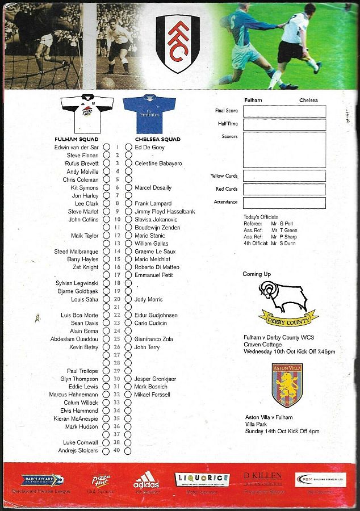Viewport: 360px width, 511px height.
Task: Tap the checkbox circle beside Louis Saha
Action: click(106, 299)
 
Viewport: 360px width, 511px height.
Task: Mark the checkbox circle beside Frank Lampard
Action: click(128, 203)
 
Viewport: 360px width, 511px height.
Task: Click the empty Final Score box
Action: click(284, 111)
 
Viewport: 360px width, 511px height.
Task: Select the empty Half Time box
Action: click(284, 124)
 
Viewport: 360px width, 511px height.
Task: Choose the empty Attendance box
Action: click(284, 203)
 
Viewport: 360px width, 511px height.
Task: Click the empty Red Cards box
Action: click(284, 189)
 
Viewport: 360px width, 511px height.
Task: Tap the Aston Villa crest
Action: click(286, 386)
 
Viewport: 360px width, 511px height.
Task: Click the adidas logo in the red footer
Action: click(146, 481)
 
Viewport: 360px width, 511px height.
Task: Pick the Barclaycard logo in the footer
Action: click(43, 480)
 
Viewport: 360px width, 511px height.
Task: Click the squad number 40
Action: click(117, 451)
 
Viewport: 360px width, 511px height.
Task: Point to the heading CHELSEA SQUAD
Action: click(157, 139)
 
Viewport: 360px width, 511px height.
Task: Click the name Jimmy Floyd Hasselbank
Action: click(165, 211)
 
